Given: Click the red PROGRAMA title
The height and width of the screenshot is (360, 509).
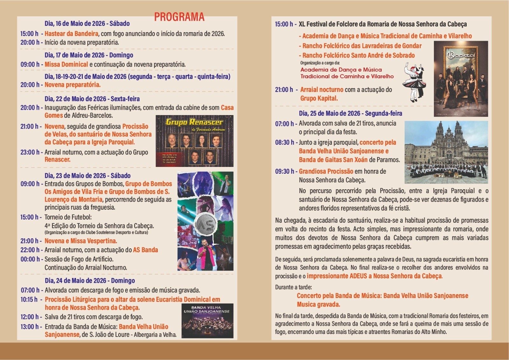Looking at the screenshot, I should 179,17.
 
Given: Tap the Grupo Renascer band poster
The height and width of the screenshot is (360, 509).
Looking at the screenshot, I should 194,141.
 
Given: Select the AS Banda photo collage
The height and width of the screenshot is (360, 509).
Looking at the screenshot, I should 205,221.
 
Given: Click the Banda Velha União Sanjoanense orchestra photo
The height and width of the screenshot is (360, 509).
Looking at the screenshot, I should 207,321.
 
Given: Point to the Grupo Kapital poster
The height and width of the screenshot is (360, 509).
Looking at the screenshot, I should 461,79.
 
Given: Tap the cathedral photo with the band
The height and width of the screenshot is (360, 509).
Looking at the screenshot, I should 446,152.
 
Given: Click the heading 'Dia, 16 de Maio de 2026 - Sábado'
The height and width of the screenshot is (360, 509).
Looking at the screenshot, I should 87,24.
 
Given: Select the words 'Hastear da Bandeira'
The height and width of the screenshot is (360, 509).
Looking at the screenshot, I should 71,34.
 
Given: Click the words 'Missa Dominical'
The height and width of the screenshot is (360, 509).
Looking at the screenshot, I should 66,65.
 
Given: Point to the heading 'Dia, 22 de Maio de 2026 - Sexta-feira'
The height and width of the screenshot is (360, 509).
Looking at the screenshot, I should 92,99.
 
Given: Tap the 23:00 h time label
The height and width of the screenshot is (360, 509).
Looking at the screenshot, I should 30,152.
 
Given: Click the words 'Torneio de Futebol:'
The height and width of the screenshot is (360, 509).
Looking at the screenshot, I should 68,217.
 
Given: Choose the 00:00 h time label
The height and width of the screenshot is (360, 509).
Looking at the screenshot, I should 30,259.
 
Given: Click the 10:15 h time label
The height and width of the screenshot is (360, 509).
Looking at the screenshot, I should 29,300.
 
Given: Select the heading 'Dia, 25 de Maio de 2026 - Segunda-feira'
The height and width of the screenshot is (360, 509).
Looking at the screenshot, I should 350,114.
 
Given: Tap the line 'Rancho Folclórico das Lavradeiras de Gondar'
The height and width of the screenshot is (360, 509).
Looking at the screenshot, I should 362,46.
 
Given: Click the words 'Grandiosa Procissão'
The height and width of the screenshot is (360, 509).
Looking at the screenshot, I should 326,171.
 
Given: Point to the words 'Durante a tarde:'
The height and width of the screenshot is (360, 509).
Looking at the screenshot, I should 293,287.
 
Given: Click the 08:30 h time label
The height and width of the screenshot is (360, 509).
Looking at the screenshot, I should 285,142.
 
